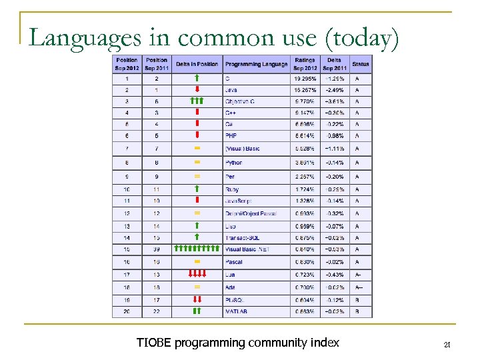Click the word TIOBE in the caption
coord(153,343)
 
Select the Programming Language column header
coord(257,64)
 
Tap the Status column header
coord(361,64)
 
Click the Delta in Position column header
coord(197,64)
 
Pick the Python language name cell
coord(234,162)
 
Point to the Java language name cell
coord(231,89)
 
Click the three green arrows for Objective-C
coord(197,101)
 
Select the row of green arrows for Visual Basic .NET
coord(197,249)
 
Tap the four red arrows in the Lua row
coord(197,273)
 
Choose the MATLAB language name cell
coord(237,311)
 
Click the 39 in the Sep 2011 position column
coord(156,249)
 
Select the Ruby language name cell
coord(232,189)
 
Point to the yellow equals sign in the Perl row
coord(197,176)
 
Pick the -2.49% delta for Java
coord(335,89)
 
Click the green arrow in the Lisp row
coord(197,226)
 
